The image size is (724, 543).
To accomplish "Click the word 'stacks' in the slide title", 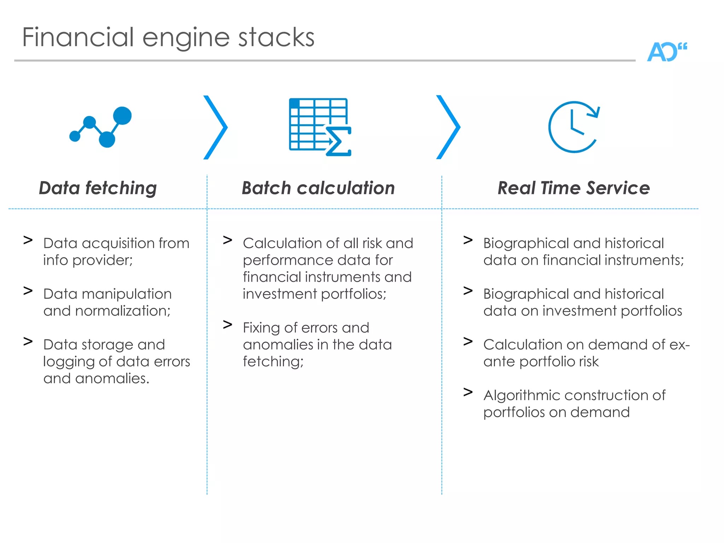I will [276, 37].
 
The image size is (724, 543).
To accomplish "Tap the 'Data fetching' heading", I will [98, 188].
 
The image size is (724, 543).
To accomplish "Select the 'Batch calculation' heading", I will [318, 188].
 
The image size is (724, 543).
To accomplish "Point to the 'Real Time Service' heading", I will [573, 188].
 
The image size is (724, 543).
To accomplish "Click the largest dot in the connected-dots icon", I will [122, 116].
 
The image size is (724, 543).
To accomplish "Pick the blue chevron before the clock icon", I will [448, 127].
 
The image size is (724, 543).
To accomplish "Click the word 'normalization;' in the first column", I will [123, 311].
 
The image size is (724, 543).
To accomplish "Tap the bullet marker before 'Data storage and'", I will [28, 341].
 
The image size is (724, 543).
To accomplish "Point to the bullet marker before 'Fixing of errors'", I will [227, 325].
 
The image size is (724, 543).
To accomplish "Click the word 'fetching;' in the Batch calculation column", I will [273, 362].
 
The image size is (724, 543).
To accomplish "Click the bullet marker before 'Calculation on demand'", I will [468, 341].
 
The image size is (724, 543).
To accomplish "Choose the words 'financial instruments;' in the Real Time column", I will [613, 260].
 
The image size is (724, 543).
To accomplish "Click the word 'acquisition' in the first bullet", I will [118, 243].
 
